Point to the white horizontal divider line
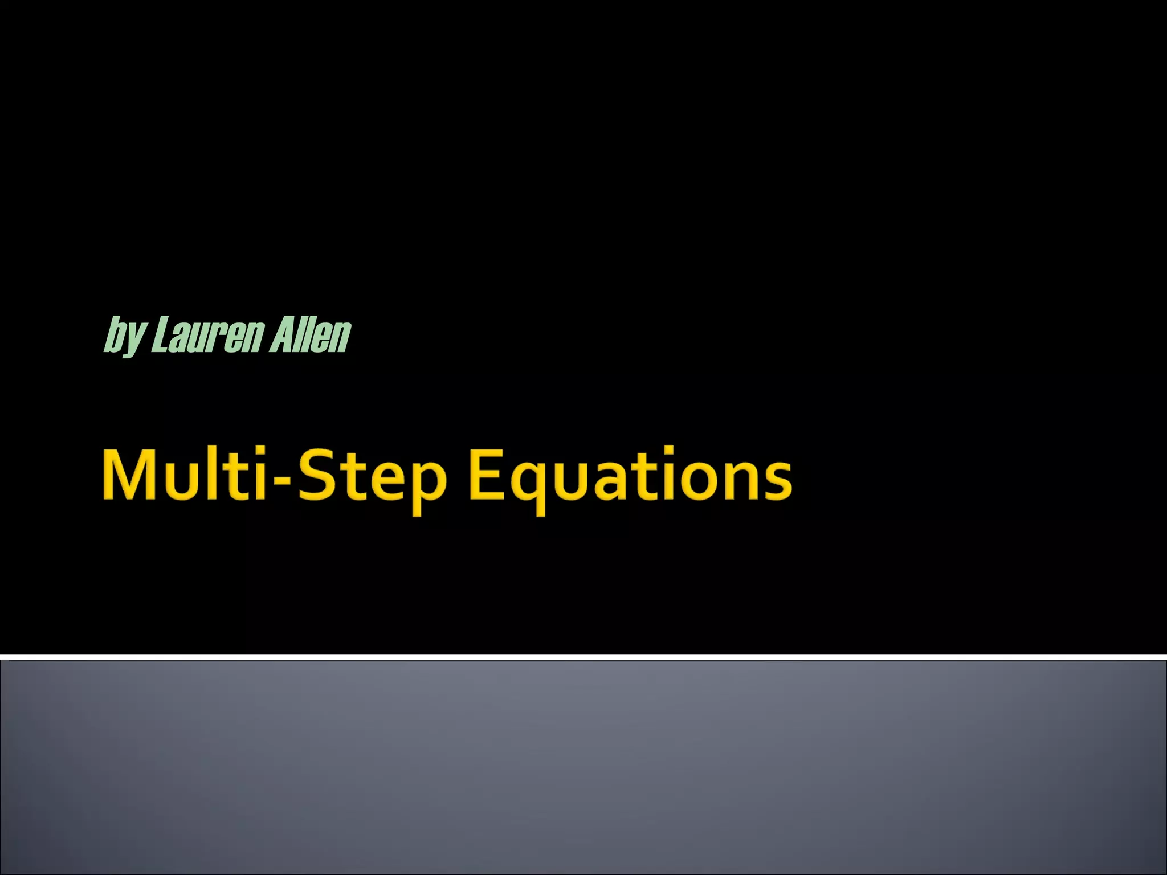coord(583,657)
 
